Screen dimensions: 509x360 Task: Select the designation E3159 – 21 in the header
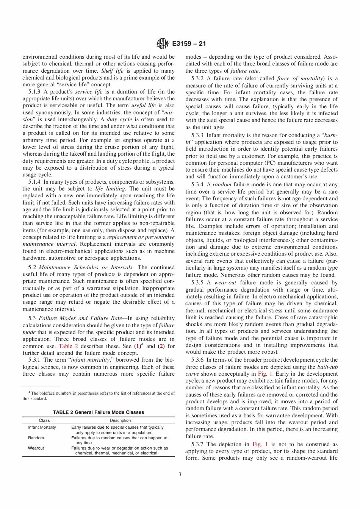[189, 44]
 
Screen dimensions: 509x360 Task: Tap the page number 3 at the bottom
[180, 474]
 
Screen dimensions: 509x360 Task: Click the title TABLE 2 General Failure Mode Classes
[99, 412]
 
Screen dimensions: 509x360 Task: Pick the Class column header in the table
[44, 420]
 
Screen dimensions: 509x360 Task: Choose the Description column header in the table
[120, 420]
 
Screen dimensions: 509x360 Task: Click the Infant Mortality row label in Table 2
[42, 427]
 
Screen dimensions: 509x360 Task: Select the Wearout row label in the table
[36, 448]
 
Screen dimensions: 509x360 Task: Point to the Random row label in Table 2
[36, 438]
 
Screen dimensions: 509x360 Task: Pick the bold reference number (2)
[161, 346]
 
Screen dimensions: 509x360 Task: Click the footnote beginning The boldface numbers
[99, 396]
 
